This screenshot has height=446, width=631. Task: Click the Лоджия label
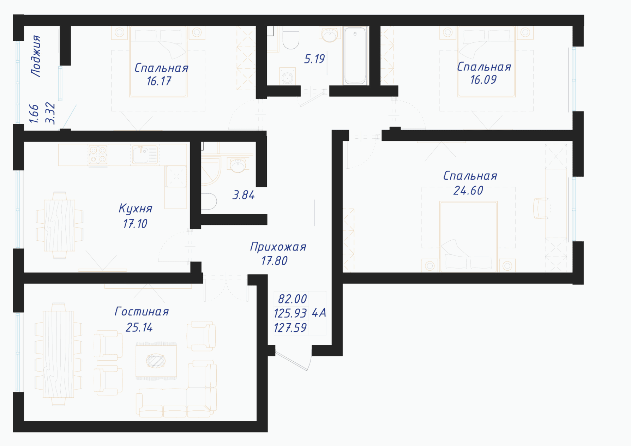click(x=36, y=56)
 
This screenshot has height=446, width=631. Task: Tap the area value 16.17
click(x=159, y=82)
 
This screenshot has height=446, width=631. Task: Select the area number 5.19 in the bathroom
click(x=314, y=59)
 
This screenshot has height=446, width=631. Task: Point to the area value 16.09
click(x=483, y=80)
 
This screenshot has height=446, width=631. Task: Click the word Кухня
click(x=135, y=209)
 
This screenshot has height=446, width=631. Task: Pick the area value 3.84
click(x=244, y=195)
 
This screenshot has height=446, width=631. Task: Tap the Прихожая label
click(x=278, y=247)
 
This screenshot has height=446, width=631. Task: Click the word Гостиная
click(x=142, y=312)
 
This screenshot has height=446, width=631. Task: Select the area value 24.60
click(x=468, y=191)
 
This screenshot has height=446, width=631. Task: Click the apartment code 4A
click(x=319, y=313)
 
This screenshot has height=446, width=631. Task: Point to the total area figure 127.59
click(x=290, y=328)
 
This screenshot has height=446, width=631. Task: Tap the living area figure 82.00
click(x=292, y=299)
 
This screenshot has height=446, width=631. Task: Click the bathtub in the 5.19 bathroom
click(x=355, y=55)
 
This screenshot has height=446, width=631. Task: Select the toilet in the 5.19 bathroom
click(x=291, y=37)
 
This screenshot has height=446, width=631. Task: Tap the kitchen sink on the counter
click(x=145, y=155)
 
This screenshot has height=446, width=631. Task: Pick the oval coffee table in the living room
click(x=156, y=361)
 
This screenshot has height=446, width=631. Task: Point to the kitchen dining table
click(x=59, y=225)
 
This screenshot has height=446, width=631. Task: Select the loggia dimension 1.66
click(x=34, y=114)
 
